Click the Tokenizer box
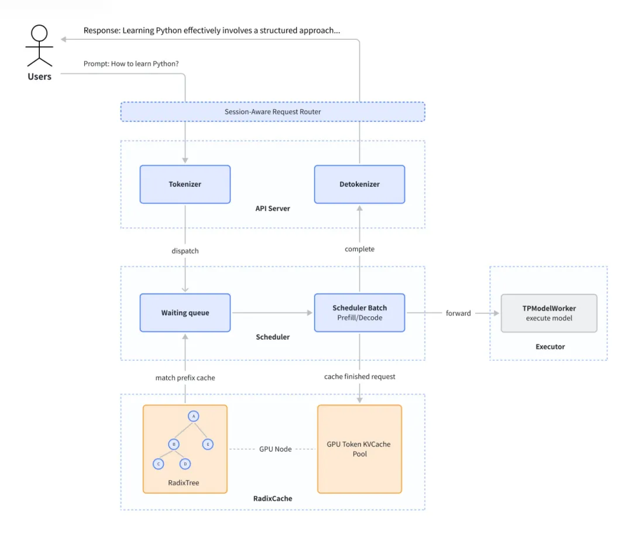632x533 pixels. (x=185, y=184)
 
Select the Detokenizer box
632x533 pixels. (x=359, y=184)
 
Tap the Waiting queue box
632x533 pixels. (x=185, y=313)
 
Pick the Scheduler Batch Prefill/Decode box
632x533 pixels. (x=359, y=313)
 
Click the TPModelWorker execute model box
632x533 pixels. (x=549, y=313)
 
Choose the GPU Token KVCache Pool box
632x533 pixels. (x=359, y=449)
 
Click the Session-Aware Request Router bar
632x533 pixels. (x=273, y=112)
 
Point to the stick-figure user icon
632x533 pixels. (x=39, y=47)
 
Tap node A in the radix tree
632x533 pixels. (x=193, y=416)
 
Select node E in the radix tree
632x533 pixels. (x=208, y=444)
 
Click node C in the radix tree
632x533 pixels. (x=158, y=464)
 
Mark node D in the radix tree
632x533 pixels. (x=186, y=464)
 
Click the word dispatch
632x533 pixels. (x=185, y=251)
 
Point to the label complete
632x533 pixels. (x=359, y=249)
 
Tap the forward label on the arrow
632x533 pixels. (x=458, y=313)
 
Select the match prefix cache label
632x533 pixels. (x=185, y=378)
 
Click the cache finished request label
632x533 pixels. (x=359, y=377)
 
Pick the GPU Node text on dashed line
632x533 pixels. (x=275, y=449)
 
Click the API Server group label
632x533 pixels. (x=273, y=209)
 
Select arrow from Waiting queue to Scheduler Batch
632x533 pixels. (x=272, y=313)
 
